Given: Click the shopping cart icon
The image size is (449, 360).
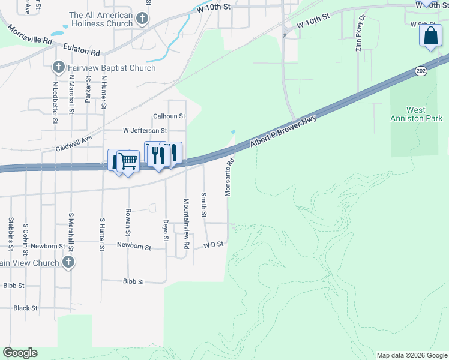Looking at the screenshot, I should click(127, 161).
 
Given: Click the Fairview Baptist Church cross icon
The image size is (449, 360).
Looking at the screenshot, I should click(58, 68).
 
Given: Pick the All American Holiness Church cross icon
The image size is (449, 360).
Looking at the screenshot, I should click(142, 19).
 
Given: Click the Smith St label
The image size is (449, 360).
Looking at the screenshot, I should click(204, 205).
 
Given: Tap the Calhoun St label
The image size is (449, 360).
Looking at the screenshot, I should click(169, 116).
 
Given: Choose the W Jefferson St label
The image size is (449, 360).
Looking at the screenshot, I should click(145, 130).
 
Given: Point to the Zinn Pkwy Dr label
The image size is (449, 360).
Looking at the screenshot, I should click(358, 38).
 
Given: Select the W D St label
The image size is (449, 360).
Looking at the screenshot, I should click(213, 245).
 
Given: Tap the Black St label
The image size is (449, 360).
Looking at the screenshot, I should click(25, 308).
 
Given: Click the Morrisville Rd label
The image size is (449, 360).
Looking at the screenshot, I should click(30, 35).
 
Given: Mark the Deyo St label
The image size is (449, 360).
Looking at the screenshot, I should click(166, 229).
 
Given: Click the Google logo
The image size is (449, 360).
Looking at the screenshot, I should click(20, 353).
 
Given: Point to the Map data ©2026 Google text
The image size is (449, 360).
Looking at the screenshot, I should click(411, 355).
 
